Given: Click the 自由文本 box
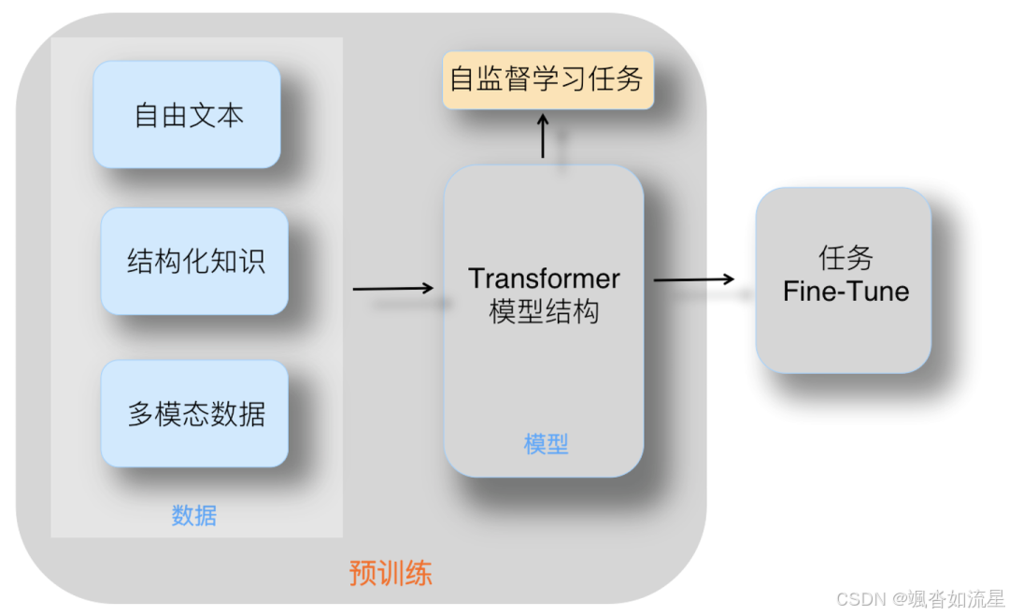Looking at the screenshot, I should coord(187,114).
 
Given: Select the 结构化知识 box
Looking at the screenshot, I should coord(194,261).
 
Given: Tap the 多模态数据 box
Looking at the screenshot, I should coord(194,413).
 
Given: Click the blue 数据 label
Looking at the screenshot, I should coord(194,515).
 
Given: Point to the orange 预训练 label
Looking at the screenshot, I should coord(391,572).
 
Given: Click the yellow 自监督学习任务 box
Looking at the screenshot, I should coord(547,79).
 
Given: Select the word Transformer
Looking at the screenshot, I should coord(544,279).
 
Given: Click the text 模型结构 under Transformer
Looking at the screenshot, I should coord(544,311).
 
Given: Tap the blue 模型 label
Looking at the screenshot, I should coord(546,444).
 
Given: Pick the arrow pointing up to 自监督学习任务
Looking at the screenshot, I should coord(543,136).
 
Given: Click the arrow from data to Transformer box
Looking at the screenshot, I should coord(393,288).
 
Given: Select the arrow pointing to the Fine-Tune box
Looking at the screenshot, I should coord(693,279).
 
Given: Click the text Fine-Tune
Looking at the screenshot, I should coord(846,291).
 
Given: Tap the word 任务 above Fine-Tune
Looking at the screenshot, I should coord(846,258).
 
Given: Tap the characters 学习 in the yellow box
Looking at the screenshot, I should coord(559,79).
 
